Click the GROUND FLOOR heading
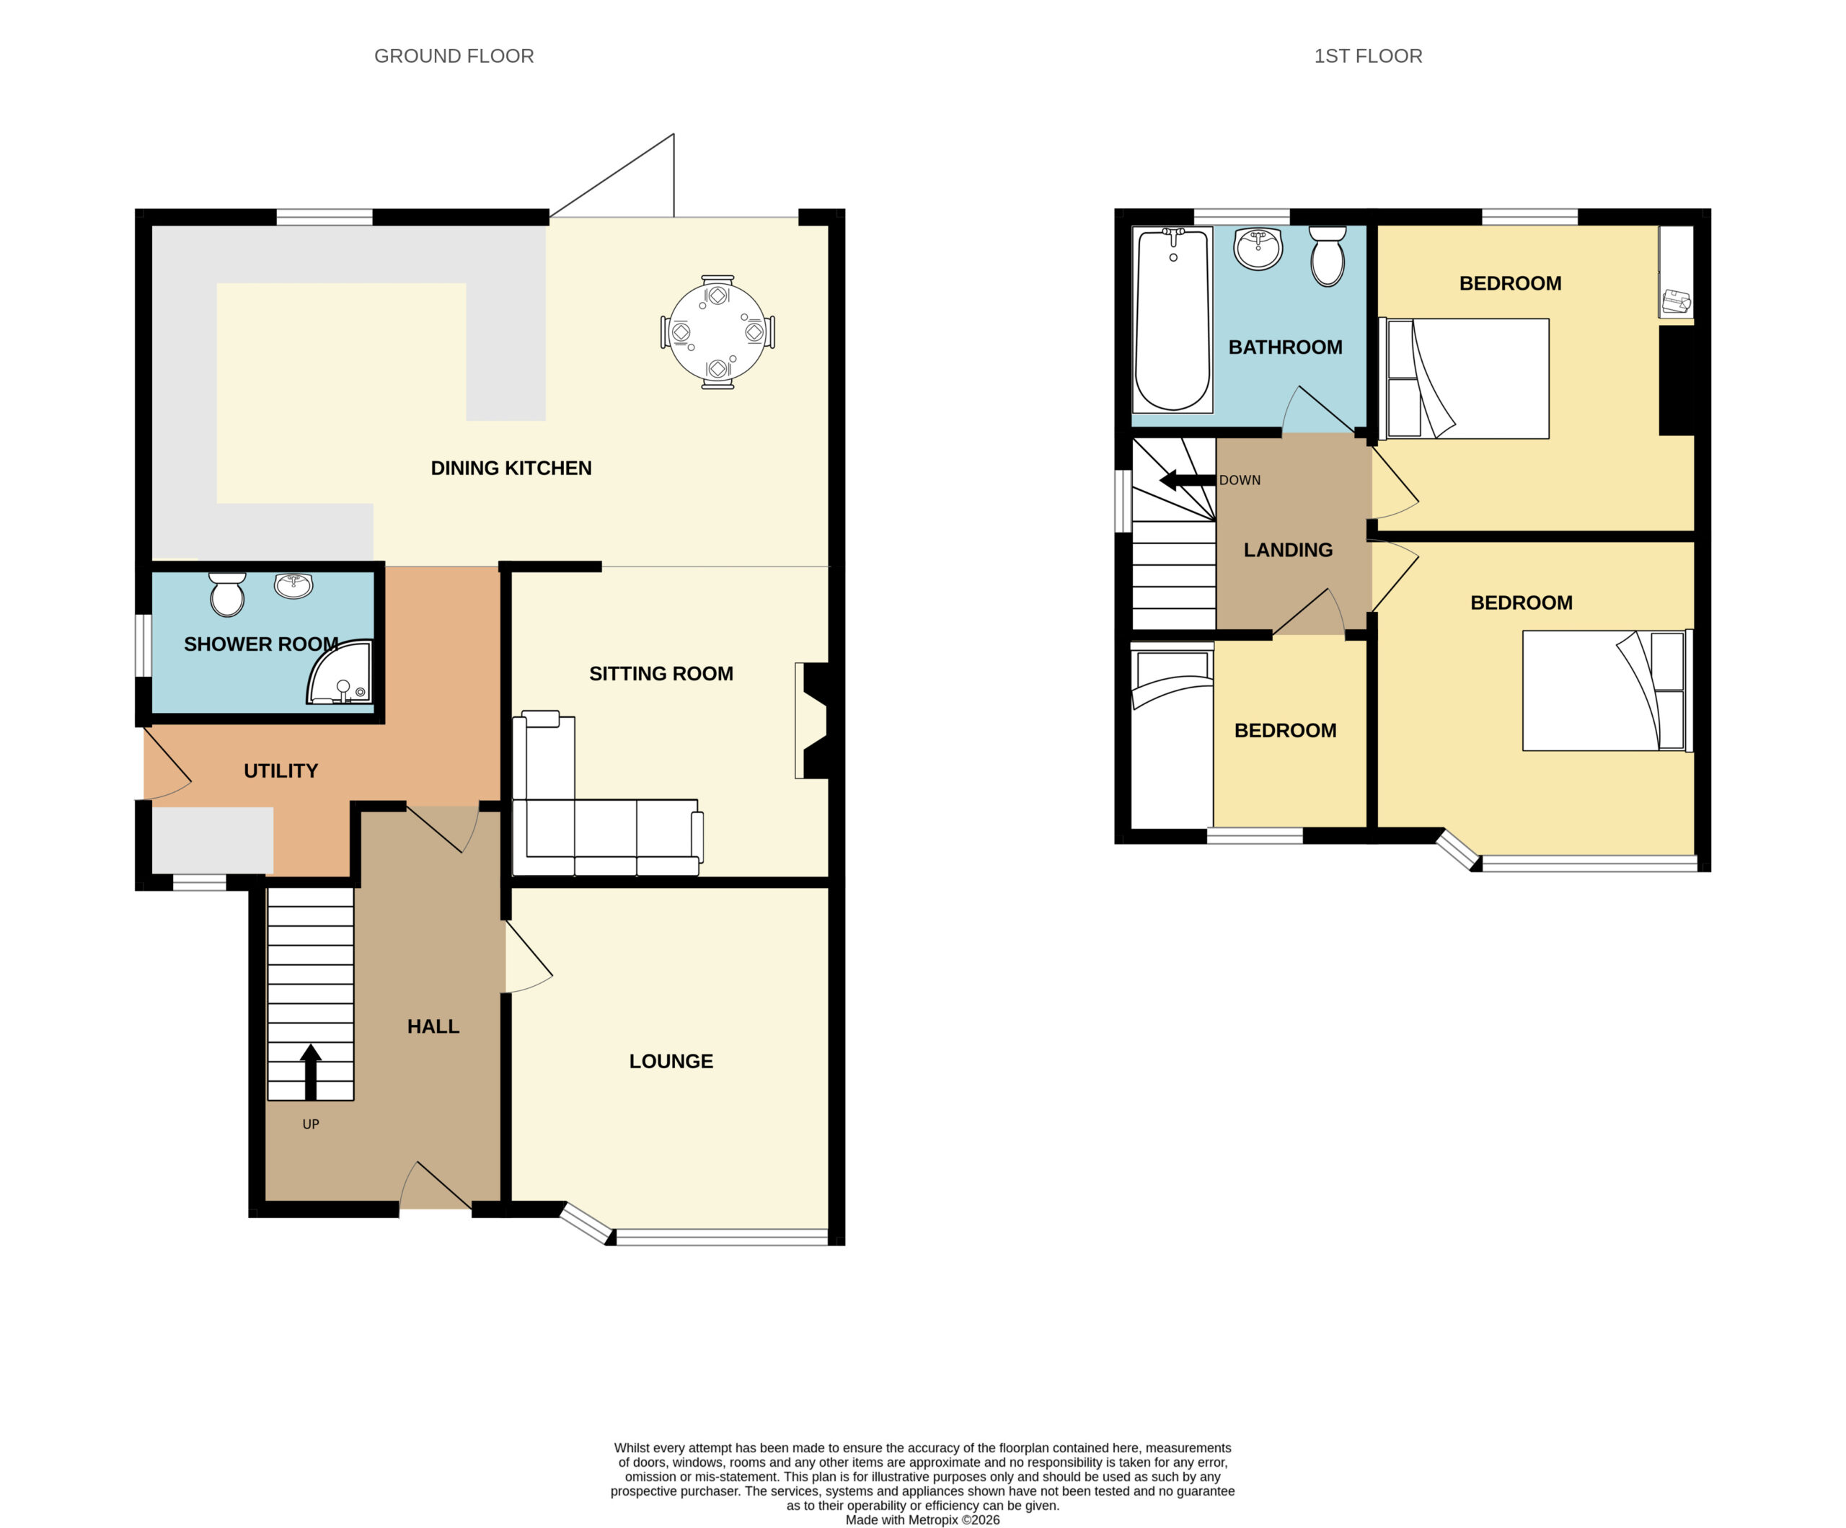click(454, 56)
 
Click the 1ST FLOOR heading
click(1368, 56)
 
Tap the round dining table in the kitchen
click(717, 332)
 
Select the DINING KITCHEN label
click(511, 468)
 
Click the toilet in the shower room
click(228, 594)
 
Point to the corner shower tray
click(340, 672)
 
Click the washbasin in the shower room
click(293, 585)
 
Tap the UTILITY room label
click(281, 770)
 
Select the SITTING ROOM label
click(661, 674)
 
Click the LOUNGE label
click(671, 1062)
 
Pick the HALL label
click(433, 1026)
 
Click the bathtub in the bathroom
click(1172, 320)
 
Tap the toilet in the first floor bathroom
click(1328, 257)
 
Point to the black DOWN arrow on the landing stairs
click(1188, 481)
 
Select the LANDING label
click(1288, 550)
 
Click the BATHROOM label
click(1285, 347)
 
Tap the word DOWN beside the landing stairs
click(1240, 481)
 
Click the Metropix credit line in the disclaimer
click(922, 1519)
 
